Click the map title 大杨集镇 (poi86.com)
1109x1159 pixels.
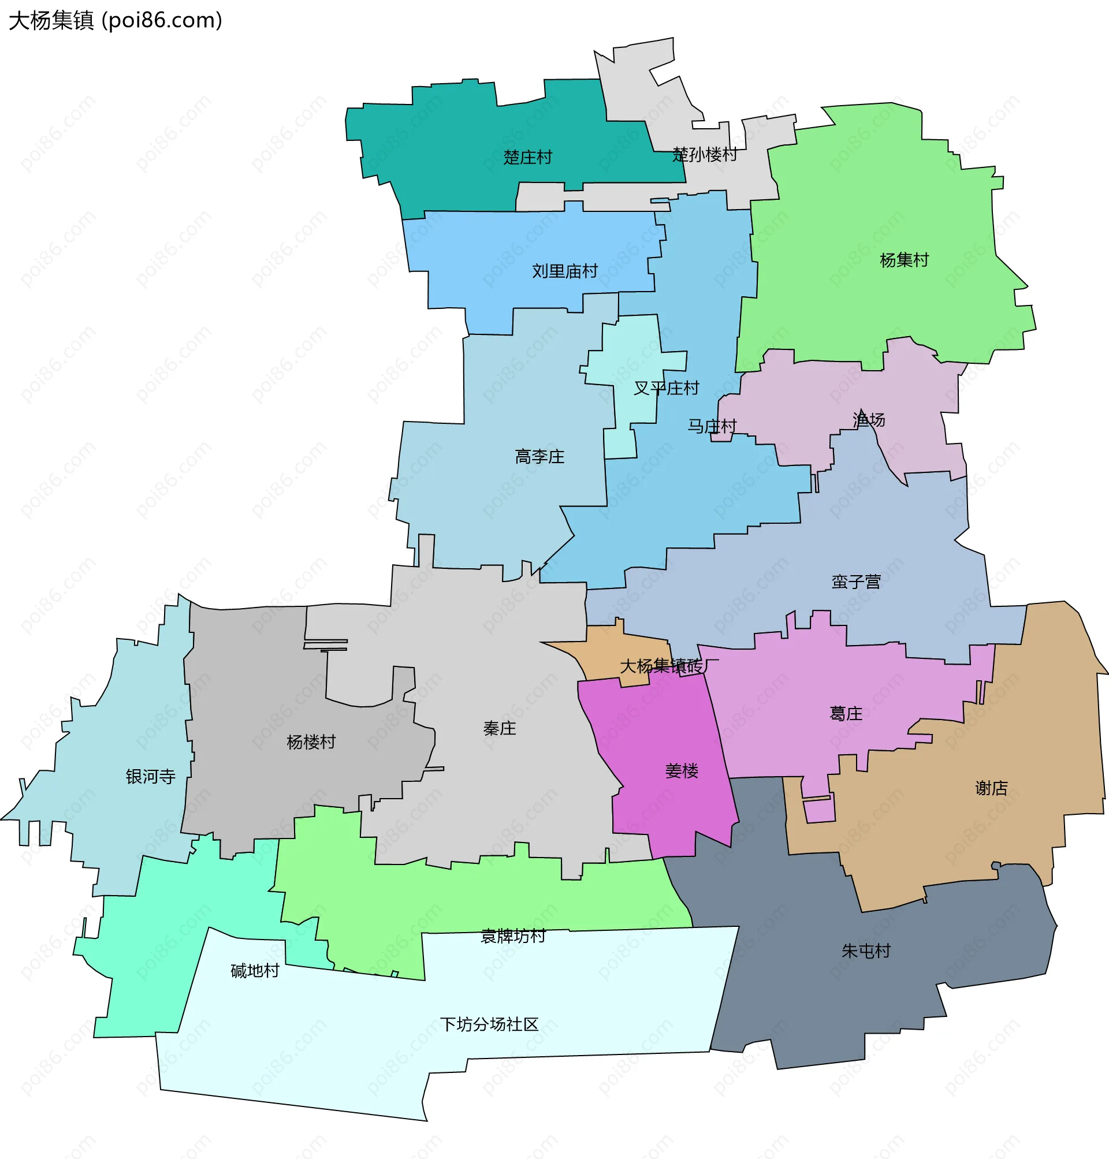tap(116, 21)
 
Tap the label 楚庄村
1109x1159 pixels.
tap(527, 157)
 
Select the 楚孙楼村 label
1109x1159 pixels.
tap(705, 155)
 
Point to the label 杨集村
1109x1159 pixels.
tap(904, 260)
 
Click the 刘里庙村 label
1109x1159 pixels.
tap(564, 271)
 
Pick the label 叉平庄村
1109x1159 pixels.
tap(666, 388)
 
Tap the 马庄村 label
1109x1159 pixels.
tap(712, 426)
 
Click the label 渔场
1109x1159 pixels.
tap(868, 420)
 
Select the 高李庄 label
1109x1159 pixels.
tap(539, 457)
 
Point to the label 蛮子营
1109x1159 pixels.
tap(856, 582)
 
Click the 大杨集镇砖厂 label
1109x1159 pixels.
tap(669, 666)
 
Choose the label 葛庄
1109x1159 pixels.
tap(846, 714)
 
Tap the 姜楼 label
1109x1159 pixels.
tap(682, 771)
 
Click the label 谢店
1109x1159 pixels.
tap(991, 788)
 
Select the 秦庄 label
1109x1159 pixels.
tap(500, 729)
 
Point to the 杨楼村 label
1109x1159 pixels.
tap(311, 741)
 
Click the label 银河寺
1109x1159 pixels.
tap(151, 777)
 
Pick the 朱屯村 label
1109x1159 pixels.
tap(865, 951)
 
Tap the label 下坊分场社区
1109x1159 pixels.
tap(489, 1024)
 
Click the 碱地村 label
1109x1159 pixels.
tap(255, 971)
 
